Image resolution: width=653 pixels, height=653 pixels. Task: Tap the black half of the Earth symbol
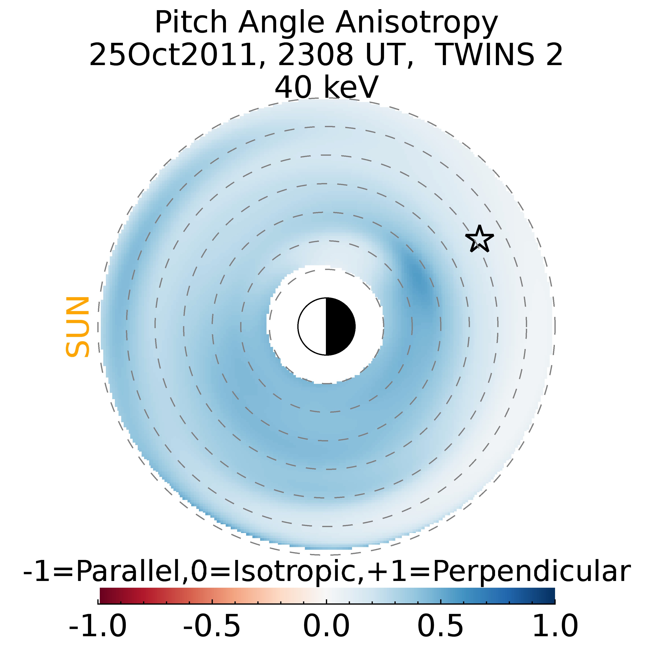pyautogui.click(x=340, y=326)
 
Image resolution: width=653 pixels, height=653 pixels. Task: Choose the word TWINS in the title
pyautogui.click(x=486, y=55)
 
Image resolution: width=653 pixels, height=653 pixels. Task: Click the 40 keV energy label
pyautogui.click(x=326, y=87)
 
